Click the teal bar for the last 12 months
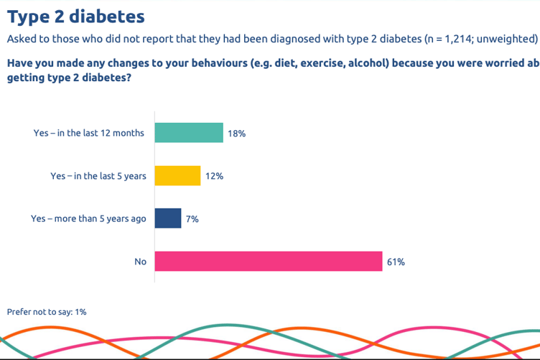coord(189,133)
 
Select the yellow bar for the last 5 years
coord(177,176)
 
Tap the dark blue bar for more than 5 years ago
coord(168,218)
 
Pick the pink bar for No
coord(269,262)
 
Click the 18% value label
coord(237,134)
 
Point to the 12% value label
coord(214,177)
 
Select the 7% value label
coord(192,219)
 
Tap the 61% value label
coord(396,262)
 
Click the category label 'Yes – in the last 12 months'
coord(89,134)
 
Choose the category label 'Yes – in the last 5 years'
coord(98,177)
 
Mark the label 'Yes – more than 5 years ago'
coord(88,219)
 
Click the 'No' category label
coord(140,262)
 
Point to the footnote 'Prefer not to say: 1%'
coord(47,312)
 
